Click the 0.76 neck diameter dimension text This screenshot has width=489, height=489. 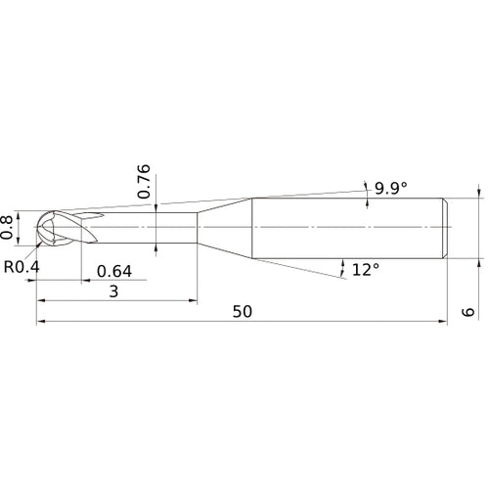[x=144, y=182]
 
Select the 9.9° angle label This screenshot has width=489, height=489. [x=391, y=188]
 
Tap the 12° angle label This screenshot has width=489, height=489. [x=366, y=270]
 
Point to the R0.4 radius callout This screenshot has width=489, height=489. [x=22, y=267]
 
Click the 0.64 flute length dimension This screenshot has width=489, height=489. [x=114, y=271]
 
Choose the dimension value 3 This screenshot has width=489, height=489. [x=113, y=291]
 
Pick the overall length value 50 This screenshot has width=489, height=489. [x=243, y=312]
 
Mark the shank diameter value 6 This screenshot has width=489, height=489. [x=468, y=312]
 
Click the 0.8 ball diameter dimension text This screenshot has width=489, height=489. [x=7, y=227]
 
